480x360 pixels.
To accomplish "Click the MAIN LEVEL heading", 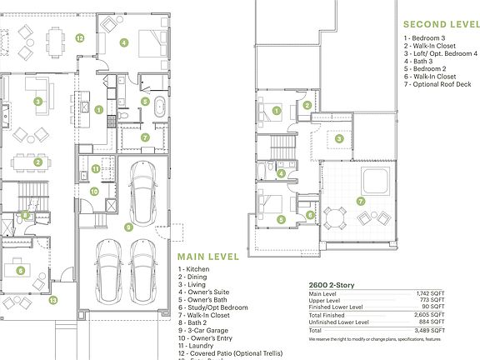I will [x=207, y=256].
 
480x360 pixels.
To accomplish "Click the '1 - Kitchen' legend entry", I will [x=195, y=269].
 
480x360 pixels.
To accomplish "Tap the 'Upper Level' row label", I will [x=324, y=300].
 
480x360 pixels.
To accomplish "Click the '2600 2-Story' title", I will [x=332, y=285].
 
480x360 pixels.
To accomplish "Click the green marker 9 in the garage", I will [x=127, y=226].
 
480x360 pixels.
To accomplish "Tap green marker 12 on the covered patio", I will [x=80, y=37].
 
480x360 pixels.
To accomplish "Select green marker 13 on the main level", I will [x=52, y=299].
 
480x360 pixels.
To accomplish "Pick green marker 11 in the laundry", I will [x=96, y=169].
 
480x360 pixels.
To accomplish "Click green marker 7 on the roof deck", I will [x=360, y=201].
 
